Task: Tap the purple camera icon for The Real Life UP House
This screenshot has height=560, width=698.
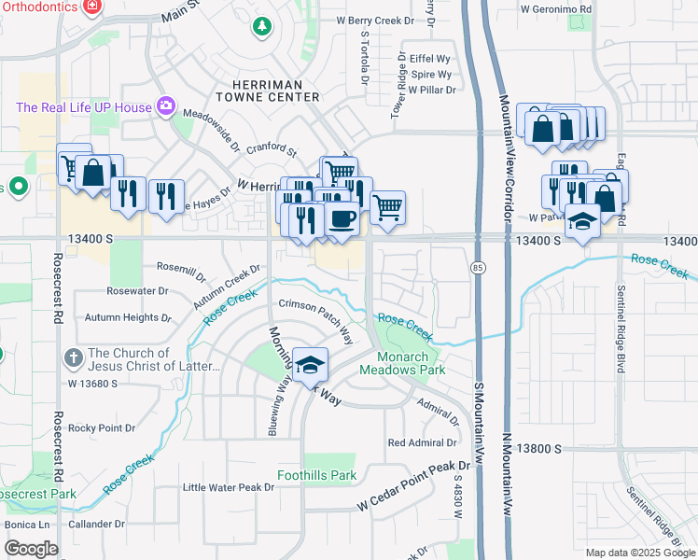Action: (167, 105)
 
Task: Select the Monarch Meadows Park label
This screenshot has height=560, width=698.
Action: (412, 363)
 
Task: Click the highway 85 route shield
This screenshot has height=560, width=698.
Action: (477, 268)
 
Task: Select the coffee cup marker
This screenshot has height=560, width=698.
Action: (342, 219)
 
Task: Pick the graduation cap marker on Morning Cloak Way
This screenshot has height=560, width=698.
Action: (310, 364)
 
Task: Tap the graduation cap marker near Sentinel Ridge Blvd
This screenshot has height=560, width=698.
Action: (582, 222)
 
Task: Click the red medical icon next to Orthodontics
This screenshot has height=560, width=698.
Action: (91, 7)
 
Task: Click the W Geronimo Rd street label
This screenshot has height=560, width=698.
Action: (556, 9)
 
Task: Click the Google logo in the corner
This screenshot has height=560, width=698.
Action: (31, 549)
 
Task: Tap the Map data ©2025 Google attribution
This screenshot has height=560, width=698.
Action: (639, 553)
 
